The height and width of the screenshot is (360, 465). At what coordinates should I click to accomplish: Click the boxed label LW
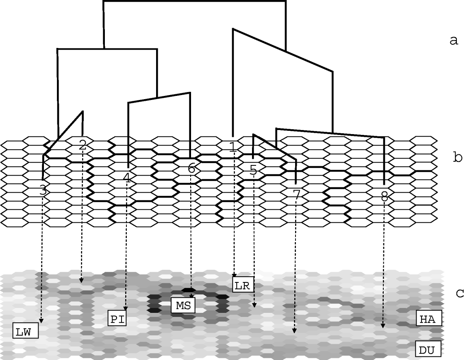pos(26,330)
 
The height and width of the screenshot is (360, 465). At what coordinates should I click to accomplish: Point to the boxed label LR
pos(243,285)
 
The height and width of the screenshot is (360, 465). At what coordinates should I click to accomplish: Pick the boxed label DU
pos(428,348)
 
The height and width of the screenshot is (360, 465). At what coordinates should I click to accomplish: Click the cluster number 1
pos(233,147)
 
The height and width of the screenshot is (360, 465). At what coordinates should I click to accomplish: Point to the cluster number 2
pos(83,145)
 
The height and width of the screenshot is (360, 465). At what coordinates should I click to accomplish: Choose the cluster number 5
pos(253,170)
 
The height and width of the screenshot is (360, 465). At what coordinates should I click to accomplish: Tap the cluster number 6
pos(191,169)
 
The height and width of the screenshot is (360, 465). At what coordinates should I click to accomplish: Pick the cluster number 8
pos(384,197)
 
